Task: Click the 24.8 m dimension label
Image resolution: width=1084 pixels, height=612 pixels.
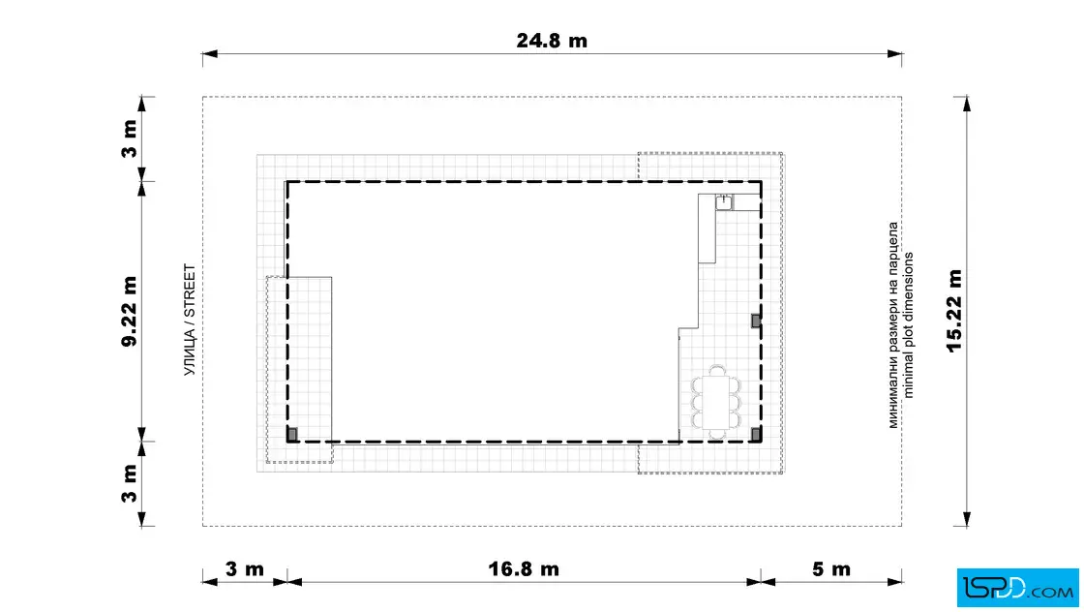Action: [x=552, y=41]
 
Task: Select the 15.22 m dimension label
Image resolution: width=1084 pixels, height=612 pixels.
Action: [x=954, y=311]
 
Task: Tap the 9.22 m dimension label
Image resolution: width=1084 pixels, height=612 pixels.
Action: [x=130, y=311]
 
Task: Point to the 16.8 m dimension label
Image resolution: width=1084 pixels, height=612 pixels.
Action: [x=524, y=569]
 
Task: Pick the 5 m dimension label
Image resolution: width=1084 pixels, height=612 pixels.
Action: [x=831, y=569]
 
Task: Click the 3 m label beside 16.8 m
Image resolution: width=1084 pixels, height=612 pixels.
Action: [x=245, y=569]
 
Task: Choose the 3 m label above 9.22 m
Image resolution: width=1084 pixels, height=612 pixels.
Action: [x=130, y=139]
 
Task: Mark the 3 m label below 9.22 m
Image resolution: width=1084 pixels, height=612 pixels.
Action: [x=130, y=483]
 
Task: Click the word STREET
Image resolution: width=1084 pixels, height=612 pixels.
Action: [x=190, y=291]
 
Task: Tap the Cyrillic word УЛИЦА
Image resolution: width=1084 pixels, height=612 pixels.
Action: [x=190, y=352]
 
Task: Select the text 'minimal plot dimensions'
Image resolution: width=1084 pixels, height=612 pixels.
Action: [x=909, y=325]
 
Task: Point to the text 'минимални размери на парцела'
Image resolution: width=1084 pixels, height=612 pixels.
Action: [x=893, y=325]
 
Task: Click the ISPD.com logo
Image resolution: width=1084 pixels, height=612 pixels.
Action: [x=1017, y=588]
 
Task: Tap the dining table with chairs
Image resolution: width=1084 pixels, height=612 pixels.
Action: [x=716, y=402]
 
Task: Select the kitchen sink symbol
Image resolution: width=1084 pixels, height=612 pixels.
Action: [x=724, y=202]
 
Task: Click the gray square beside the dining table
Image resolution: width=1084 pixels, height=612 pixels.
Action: [x=756, y=434]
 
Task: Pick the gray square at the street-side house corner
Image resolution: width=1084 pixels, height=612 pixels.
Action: [x=292, y=434]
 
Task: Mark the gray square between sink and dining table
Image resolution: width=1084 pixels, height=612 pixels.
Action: [x=756, y=321]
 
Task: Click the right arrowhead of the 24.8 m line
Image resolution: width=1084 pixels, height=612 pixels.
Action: [x=894, y=54]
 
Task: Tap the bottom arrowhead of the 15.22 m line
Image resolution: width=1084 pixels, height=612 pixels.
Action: [x=967, y=519]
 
